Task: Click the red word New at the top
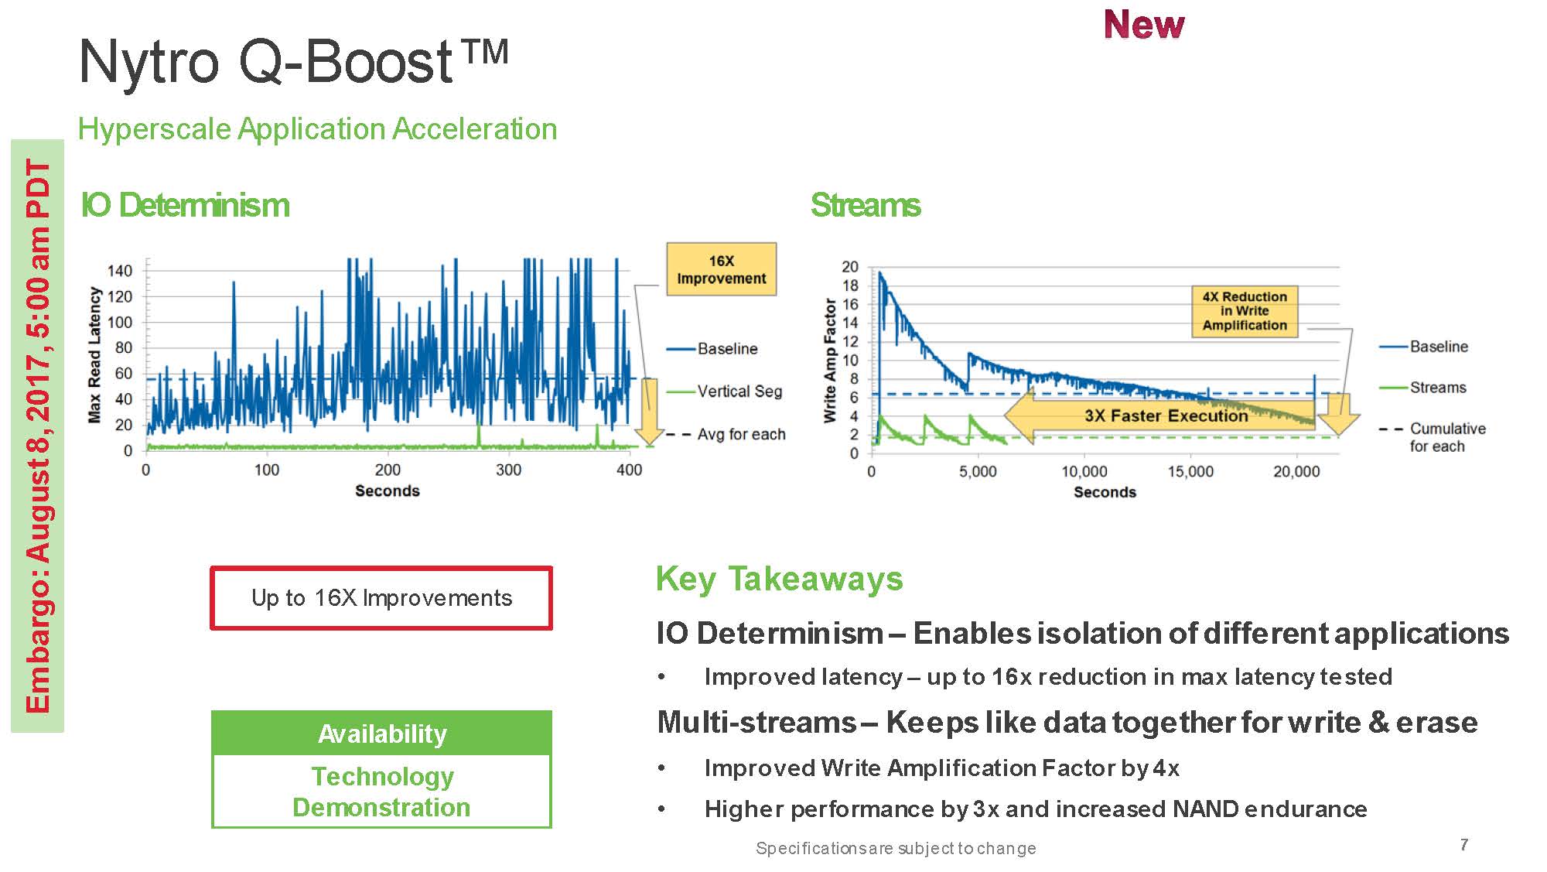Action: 1143,25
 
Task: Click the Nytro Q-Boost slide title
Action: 294,61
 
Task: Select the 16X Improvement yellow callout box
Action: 721,269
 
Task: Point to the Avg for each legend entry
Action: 726,434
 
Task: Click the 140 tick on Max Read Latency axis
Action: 120,271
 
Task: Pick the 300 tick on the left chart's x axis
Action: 508,470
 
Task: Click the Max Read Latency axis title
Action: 94,355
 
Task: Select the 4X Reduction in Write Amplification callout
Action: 1245,311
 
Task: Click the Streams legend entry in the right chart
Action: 1423,388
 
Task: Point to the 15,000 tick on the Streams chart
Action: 1190,471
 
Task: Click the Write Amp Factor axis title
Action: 830,361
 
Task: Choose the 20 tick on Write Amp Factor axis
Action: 850,267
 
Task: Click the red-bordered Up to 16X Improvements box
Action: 381,598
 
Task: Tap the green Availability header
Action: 381,733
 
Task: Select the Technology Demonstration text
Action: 381,792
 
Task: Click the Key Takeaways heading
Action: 779,579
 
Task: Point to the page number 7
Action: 1464,844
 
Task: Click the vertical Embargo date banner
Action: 37,436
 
